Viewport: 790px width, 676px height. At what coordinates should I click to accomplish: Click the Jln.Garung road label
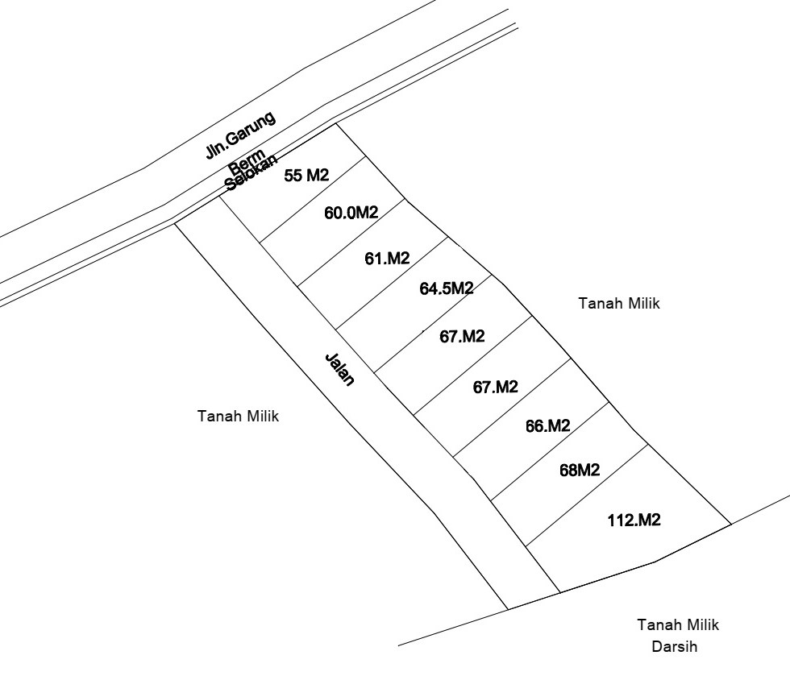click(240, 135)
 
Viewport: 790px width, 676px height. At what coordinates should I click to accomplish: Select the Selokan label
click(251, 171)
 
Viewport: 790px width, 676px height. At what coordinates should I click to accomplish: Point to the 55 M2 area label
click(306, 176)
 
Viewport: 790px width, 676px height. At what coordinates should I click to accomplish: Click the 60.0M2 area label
click(351, 213)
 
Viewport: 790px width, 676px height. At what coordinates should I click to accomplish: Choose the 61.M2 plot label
click(387, 259)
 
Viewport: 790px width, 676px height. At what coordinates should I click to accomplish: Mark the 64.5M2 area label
click(446, 288)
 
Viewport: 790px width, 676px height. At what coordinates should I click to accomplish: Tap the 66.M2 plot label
click(548, 426)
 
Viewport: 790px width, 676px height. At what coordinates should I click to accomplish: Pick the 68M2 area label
click(579, 471)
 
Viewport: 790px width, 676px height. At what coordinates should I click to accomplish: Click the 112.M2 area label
click(634, 520)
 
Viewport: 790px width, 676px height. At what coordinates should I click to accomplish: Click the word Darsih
click(673, 646)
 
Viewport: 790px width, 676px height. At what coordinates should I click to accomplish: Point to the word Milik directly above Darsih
click(701, 624)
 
